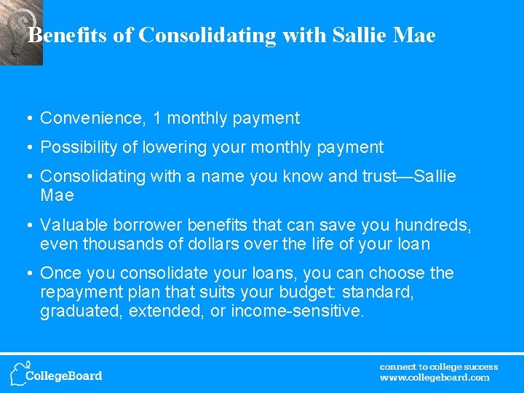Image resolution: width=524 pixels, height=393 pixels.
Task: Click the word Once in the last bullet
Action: tap(60, 274)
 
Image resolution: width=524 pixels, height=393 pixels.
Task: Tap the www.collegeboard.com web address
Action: tap(434, 378)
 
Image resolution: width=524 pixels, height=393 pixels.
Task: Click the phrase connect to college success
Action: tap(439, 367)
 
